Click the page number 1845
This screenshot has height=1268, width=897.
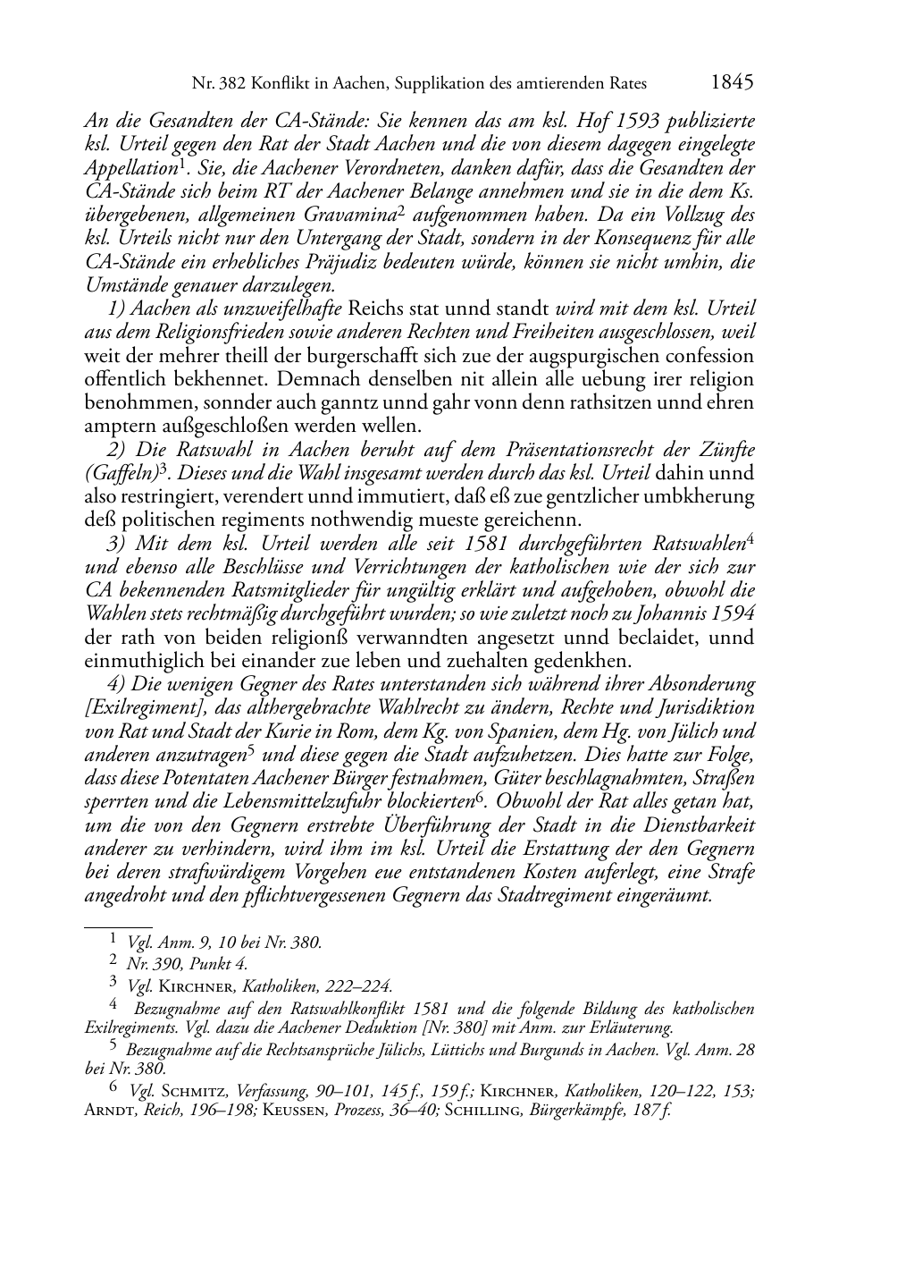(733, 83)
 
